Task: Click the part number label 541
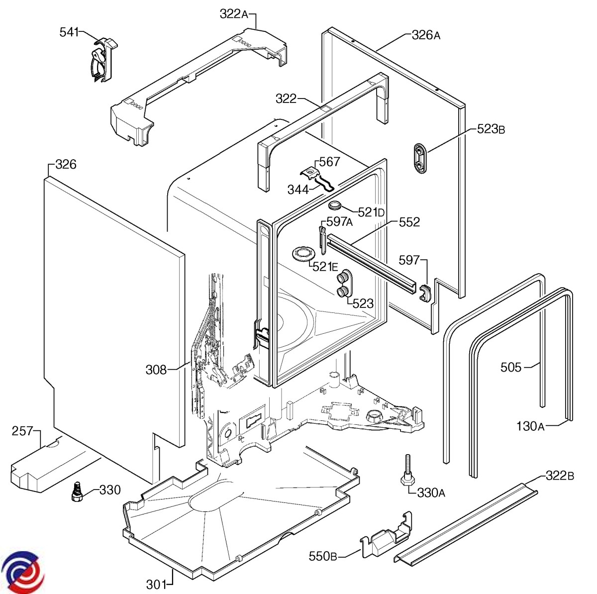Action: pyautogui.click(x=69, y=32)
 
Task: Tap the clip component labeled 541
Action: pyautogui.click(x=103, y=60)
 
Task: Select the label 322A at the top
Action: pyautogui.click(x=234, y=14)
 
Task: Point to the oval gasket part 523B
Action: pyautogui.click(x=420, y=159)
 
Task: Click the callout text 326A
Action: pyautogui.click(x=426, y=35)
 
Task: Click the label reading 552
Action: pyautogui.click(x=409, y=222)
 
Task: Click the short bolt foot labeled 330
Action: pyautogui.click(x=77, y=492)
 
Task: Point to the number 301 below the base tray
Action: pyautogui.click(x=156, y=585)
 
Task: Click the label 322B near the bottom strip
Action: pyautogui.click(x=560, y=475)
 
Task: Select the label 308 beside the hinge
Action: pyautogui.click(x=156, y=370)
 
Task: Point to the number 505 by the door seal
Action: pyautogui.click(x=511, y=368)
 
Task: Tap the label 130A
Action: pyautogui.click(x=530, y=426)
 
